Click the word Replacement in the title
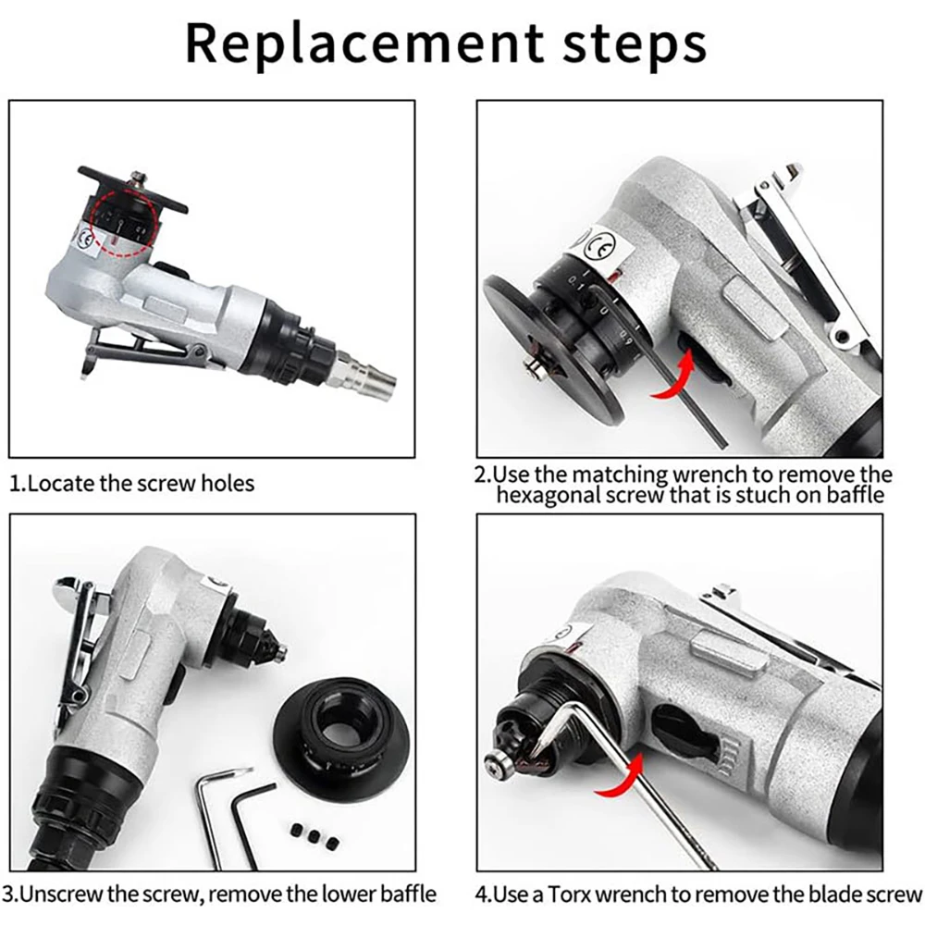coord(364,44)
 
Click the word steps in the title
coord(635,44)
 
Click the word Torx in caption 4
coord(568,894)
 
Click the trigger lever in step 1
coord(142,351)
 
